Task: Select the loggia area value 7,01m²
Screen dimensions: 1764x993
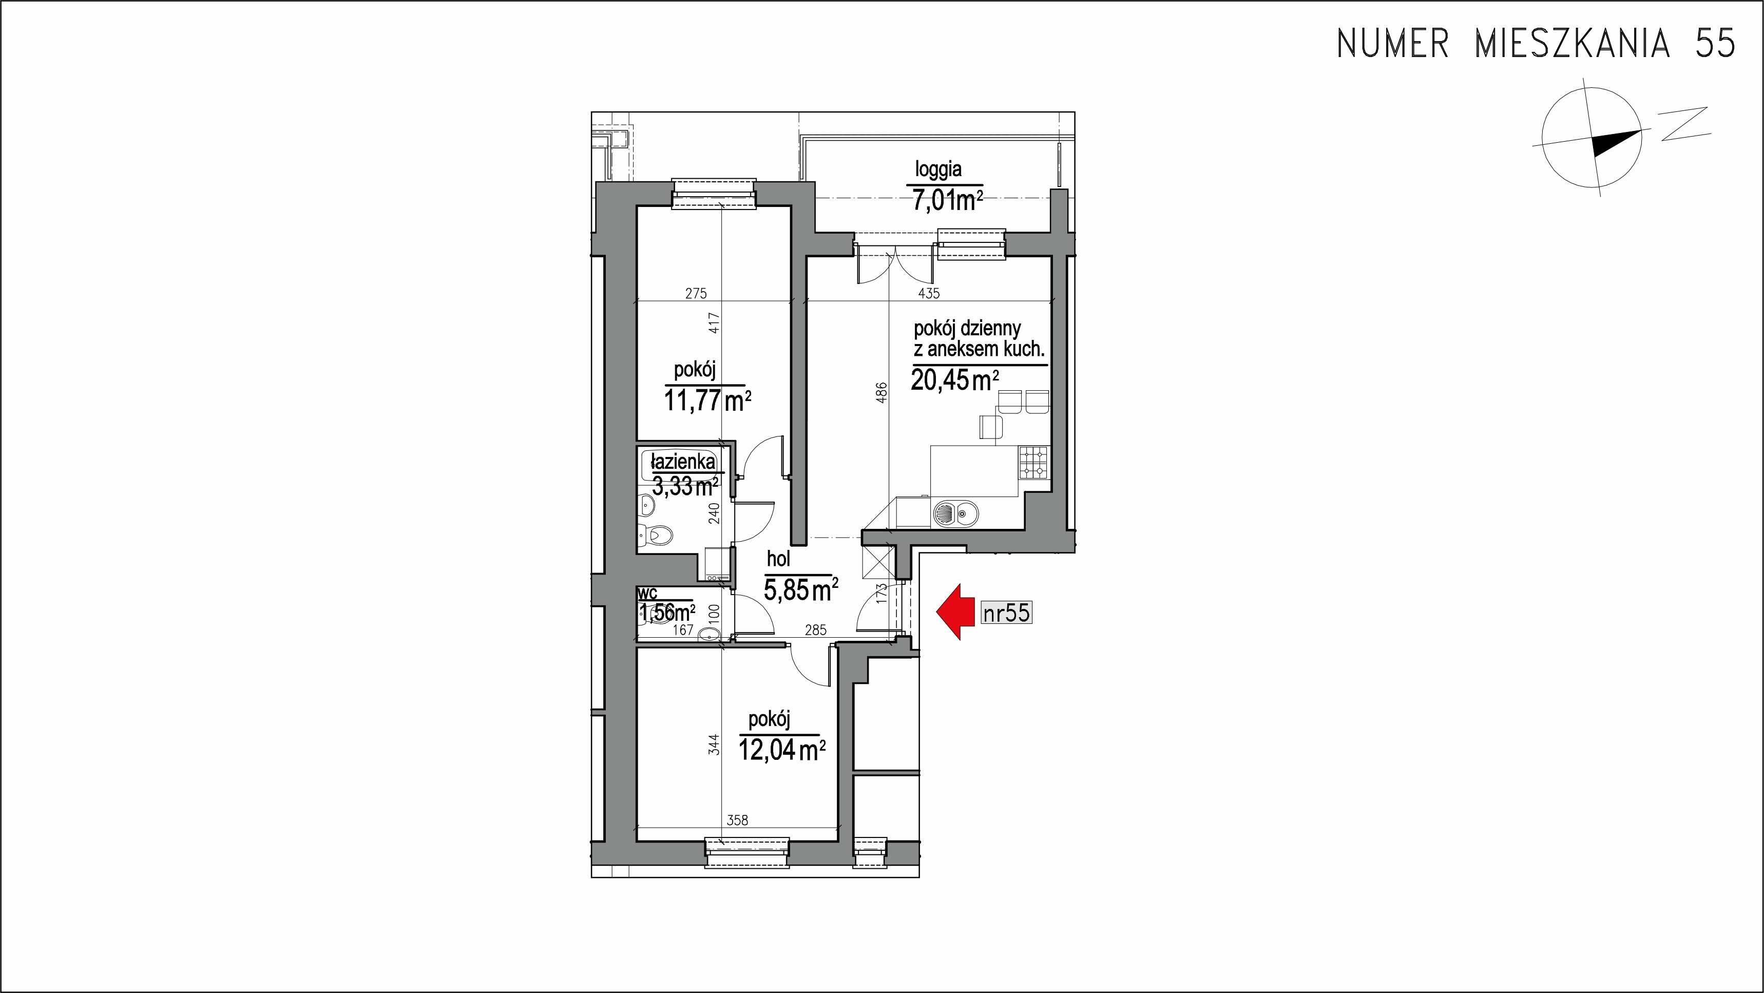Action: pos(948,201)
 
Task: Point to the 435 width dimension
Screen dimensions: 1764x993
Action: pos(929,293)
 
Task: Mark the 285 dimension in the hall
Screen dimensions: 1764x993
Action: pos(816,630)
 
